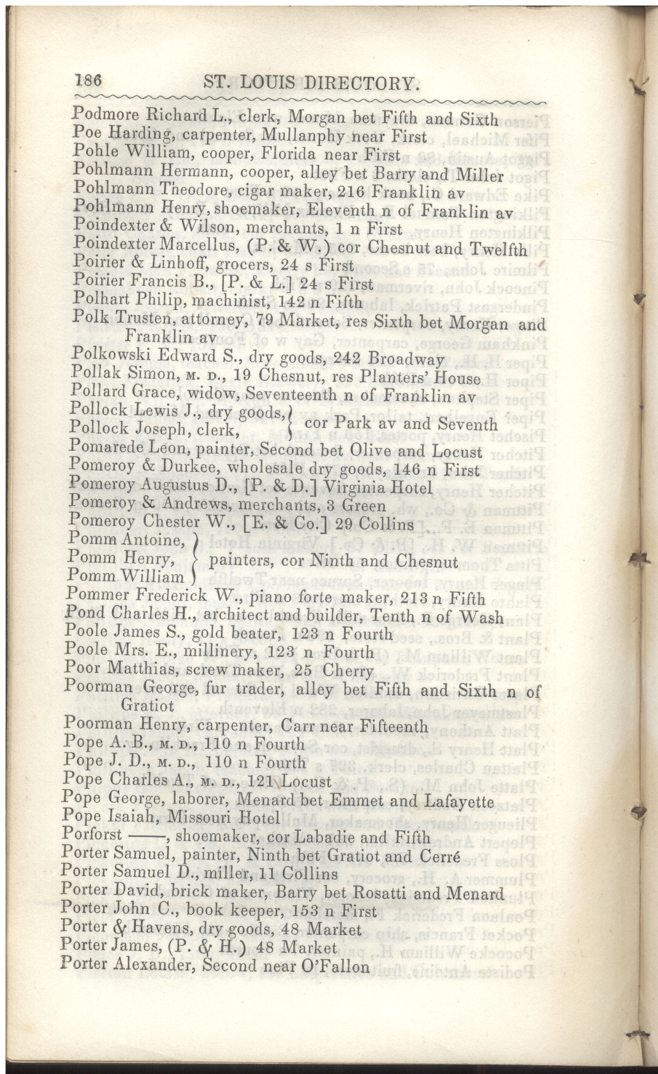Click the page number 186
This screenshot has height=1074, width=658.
point(88,81)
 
